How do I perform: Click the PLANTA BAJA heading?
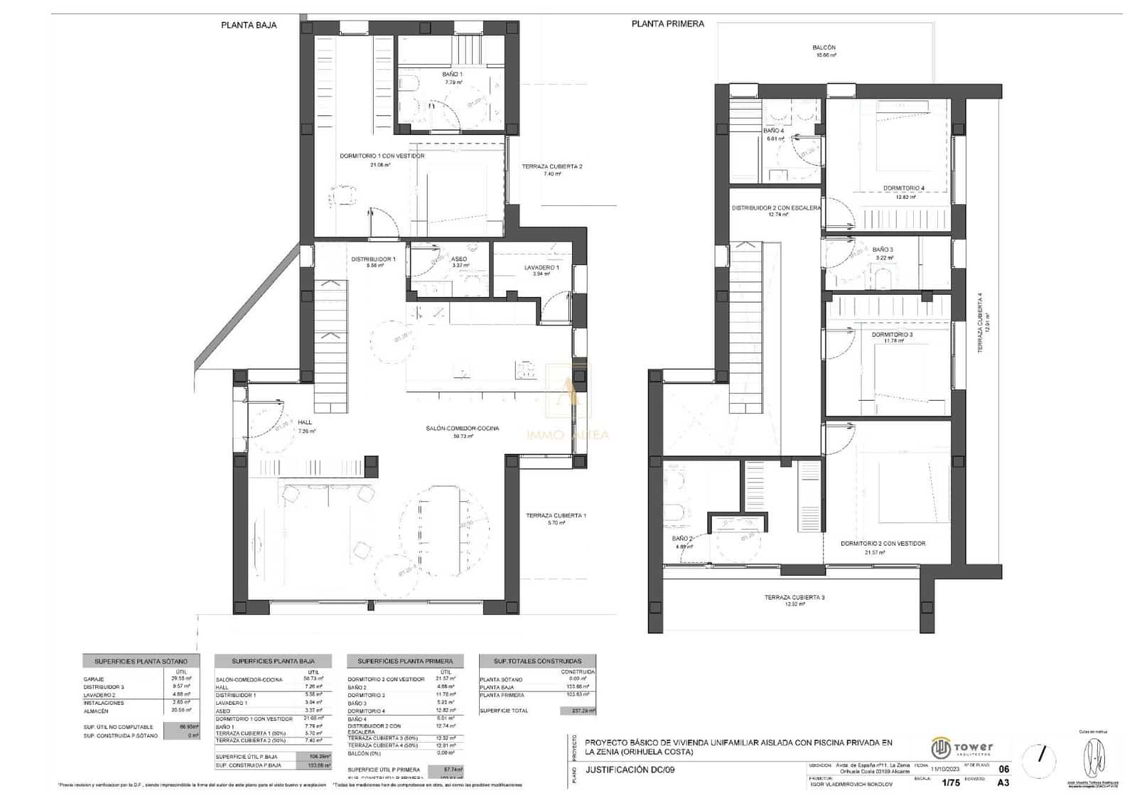[248, 25]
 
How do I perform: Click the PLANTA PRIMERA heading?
[667, 23]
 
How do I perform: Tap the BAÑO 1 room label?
[452, 74]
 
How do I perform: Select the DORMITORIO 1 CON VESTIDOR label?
[382, 156]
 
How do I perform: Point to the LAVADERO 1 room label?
[541, 268]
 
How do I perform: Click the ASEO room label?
[459, 259]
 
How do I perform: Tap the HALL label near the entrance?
[305, 422]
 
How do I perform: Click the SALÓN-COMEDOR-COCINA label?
[462, 429]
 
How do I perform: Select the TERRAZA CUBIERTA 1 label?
[556, 516]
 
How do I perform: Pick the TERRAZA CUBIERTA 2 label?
[551, 167]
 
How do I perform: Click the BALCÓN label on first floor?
[824, 48]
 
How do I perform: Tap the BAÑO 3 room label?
[882, 249]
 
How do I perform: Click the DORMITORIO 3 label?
[892, 334]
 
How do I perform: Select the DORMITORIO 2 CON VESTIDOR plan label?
[883, 544]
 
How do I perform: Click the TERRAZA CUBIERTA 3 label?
[794, 598]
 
